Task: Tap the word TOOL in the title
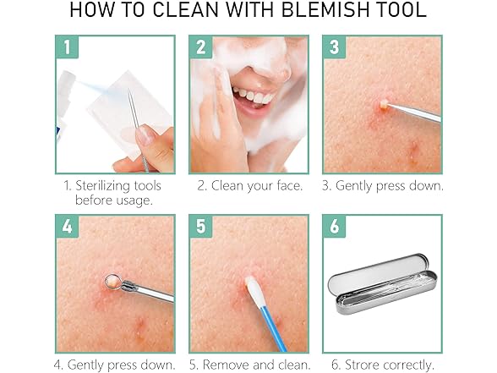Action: (397, 12)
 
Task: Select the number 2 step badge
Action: (200, 47)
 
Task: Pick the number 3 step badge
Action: (334, 47)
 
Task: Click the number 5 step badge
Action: (200, 227)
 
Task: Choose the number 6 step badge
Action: (334, 227)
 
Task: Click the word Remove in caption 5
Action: (227, 365)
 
